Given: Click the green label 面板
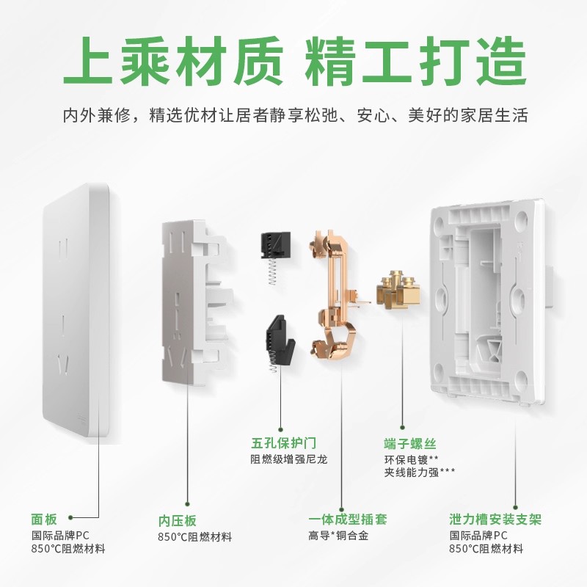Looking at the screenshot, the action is pos(43,518).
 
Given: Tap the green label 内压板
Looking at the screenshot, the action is pos(178,520).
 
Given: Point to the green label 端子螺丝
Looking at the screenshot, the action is pos(410,444).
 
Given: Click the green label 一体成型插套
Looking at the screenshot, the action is pos(347,519).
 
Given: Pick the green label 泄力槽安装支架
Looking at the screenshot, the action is pos(495,519).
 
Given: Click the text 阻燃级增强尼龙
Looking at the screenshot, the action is pos(288,460).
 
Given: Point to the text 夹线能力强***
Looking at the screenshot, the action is pos(419,473).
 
